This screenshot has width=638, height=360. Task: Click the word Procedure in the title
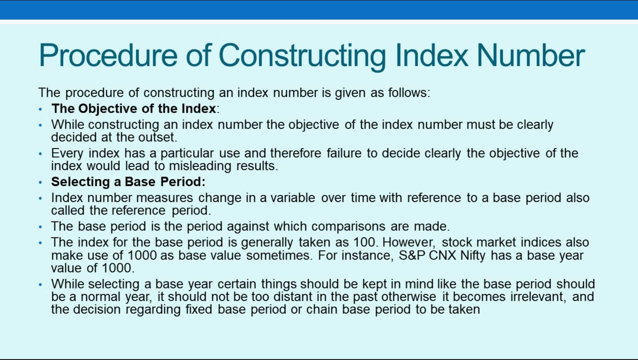click(x=108, y=55)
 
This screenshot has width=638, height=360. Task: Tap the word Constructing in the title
click(x=302, y=57)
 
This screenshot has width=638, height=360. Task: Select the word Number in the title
click(x=531, y=55)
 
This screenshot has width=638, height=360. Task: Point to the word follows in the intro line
click(x=409, y=92)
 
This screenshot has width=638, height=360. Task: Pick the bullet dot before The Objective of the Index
click(x=41, y=109)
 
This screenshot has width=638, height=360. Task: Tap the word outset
click(x=158, y=137)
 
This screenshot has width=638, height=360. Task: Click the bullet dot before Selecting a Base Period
click(x=41, y=182)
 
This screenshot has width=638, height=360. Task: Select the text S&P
click(x=412, y=255)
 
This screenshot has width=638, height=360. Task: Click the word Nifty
click(x=473, y=255)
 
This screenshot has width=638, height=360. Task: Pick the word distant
click(x=293, y=296)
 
